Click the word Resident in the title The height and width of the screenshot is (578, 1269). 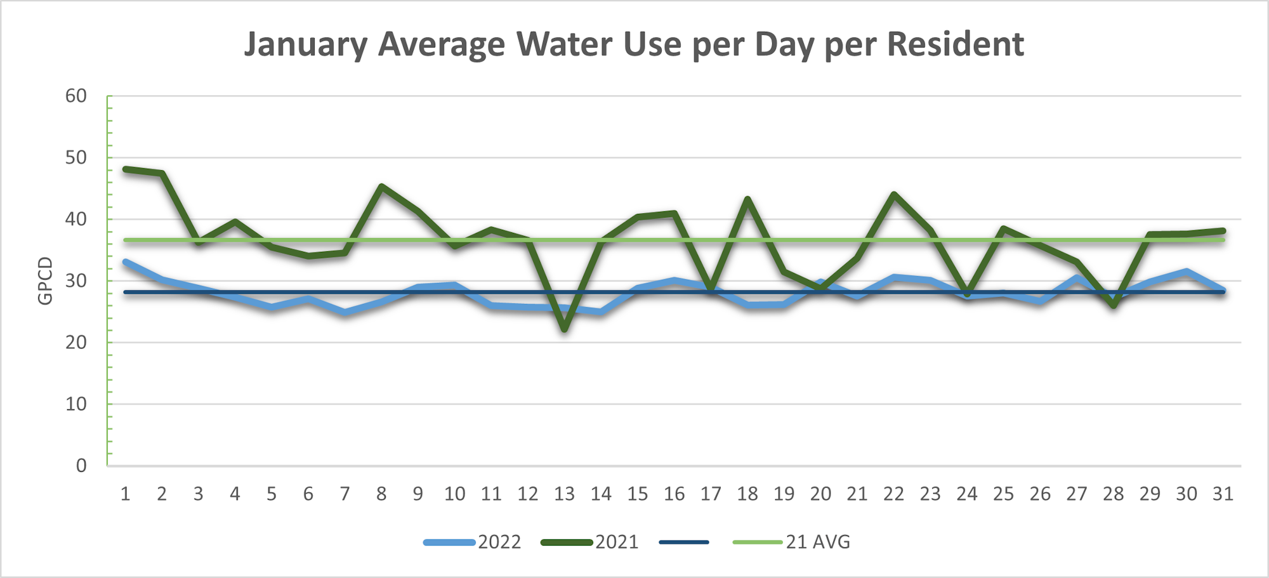coord(955,44)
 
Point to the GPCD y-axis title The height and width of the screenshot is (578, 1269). coord(45,280)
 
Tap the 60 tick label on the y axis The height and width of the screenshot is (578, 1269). coord(76,96)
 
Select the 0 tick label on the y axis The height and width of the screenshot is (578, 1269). coord(81,466)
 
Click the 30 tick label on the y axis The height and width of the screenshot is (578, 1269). coord(76,280)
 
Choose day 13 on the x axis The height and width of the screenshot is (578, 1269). coord(564,494)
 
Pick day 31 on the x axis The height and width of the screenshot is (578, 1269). coord(1223,494)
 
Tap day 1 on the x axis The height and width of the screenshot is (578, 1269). coord(125,494)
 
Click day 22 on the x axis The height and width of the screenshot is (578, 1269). coord(893,494)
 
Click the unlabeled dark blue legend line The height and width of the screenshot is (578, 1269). coord(684,542)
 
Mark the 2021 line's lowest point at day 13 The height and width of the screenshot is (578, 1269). coord(564,329)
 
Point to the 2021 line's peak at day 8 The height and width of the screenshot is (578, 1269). coord(381,187)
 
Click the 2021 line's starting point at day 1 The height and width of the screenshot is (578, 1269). coord(126,169)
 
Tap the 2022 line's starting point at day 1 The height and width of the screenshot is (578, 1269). coord(126,261)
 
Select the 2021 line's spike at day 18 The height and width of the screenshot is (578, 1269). coord(747,199)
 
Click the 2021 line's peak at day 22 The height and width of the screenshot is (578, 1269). coord(893,194)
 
